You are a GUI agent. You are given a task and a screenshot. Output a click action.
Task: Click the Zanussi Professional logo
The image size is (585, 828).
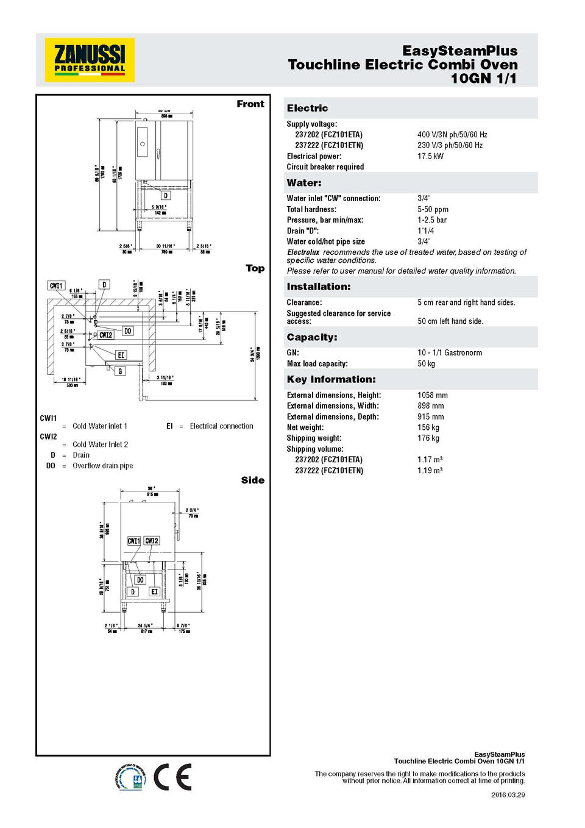(x=90, y=60)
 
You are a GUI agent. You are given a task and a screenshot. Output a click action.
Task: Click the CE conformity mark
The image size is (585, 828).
(x=172, y=777)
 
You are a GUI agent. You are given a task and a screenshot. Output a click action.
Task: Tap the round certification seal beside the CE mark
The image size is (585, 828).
(x=130, y=777)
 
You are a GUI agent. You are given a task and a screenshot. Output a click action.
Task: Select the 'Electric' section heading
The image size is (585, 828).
(x=308, y=108)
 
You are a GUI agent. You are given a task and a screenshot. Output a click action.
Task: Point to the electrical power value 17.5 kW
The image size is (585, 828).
(x=430, y=156)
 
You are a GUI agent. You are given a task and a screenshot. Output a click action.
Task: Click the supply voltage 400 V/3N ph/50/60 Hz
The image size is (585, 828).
(x=452, y=135)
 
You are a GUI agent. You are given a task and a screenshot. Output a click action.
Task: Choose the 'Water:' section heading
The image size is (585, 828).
(x=304, y=183)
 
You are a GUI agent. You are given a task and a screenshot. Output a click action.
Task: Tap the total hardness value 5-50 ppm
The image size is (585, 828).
(x=433, y=209)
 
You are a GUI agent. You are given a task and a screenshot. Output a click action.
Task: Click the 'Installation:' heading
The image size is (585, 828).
(x=319, y=287)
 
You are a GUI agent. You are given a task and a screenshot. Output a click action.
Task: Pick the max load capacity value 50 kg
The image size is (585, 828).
(x=426, y=363)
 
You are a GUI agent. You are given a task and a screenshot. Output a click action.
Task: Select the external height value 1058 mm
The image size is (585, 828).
(x=432, y=395)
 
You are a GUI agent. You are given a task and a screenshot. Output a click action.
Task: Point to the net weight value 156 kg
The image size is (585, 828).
(x=428, y=427)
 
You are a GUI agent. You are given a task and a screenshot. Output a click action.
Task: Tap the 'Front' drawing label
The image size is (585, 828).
(x=250, y=104)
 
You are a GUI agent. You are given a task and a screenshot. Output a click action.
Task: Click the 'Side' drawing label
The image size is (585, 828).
(x=252, y=480)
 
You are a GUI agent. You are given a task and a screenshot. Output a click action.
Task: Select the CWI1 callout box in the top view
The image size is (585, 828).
(x=56, y=285)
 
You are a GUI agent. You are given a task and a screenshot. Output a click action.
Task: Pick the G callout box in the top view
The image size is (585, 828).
(x=120, y=371)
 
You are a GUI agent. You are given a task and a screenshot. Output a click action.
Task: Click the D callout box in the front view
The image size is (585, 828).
(x=166, y=196)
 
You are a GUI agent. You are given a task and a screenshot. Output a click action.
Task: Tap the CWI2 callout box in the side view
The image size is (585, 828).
(x=152, y=541)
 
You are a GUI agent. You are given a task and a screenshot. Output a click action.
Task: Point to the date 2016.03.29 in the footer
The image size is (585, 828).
(x=508, y=794)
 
